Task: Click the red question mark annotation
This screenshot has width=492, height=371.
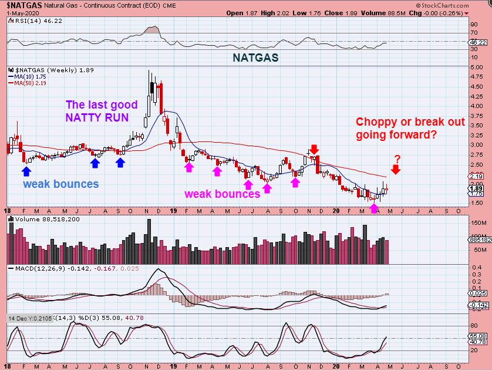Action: tap(397, 159)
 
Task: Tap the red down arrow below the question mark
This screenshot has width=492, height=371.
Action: tap(396, 170)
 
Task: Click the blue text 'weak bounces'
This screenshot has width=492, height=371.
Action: tap(60, 184)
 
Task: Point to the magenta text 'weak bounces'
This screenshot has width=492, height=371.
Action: tap(223, 194)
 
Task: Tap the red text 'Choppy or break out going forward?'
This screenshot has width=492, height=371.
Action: tap(410, 129)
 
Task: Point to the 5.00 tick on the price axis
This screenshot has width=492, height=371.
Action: tap(477, 68)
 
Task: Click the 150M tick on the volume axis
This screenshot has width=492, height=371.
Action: tap(477, 223)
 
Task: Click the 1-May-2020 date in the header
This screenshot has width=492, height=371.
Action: tap(19, 12)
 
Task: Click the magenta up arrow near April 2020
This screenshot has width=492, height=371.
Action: tap(374, 207)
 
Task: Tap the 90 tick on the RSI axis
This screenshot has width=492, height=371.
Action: tap(474, 25)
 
